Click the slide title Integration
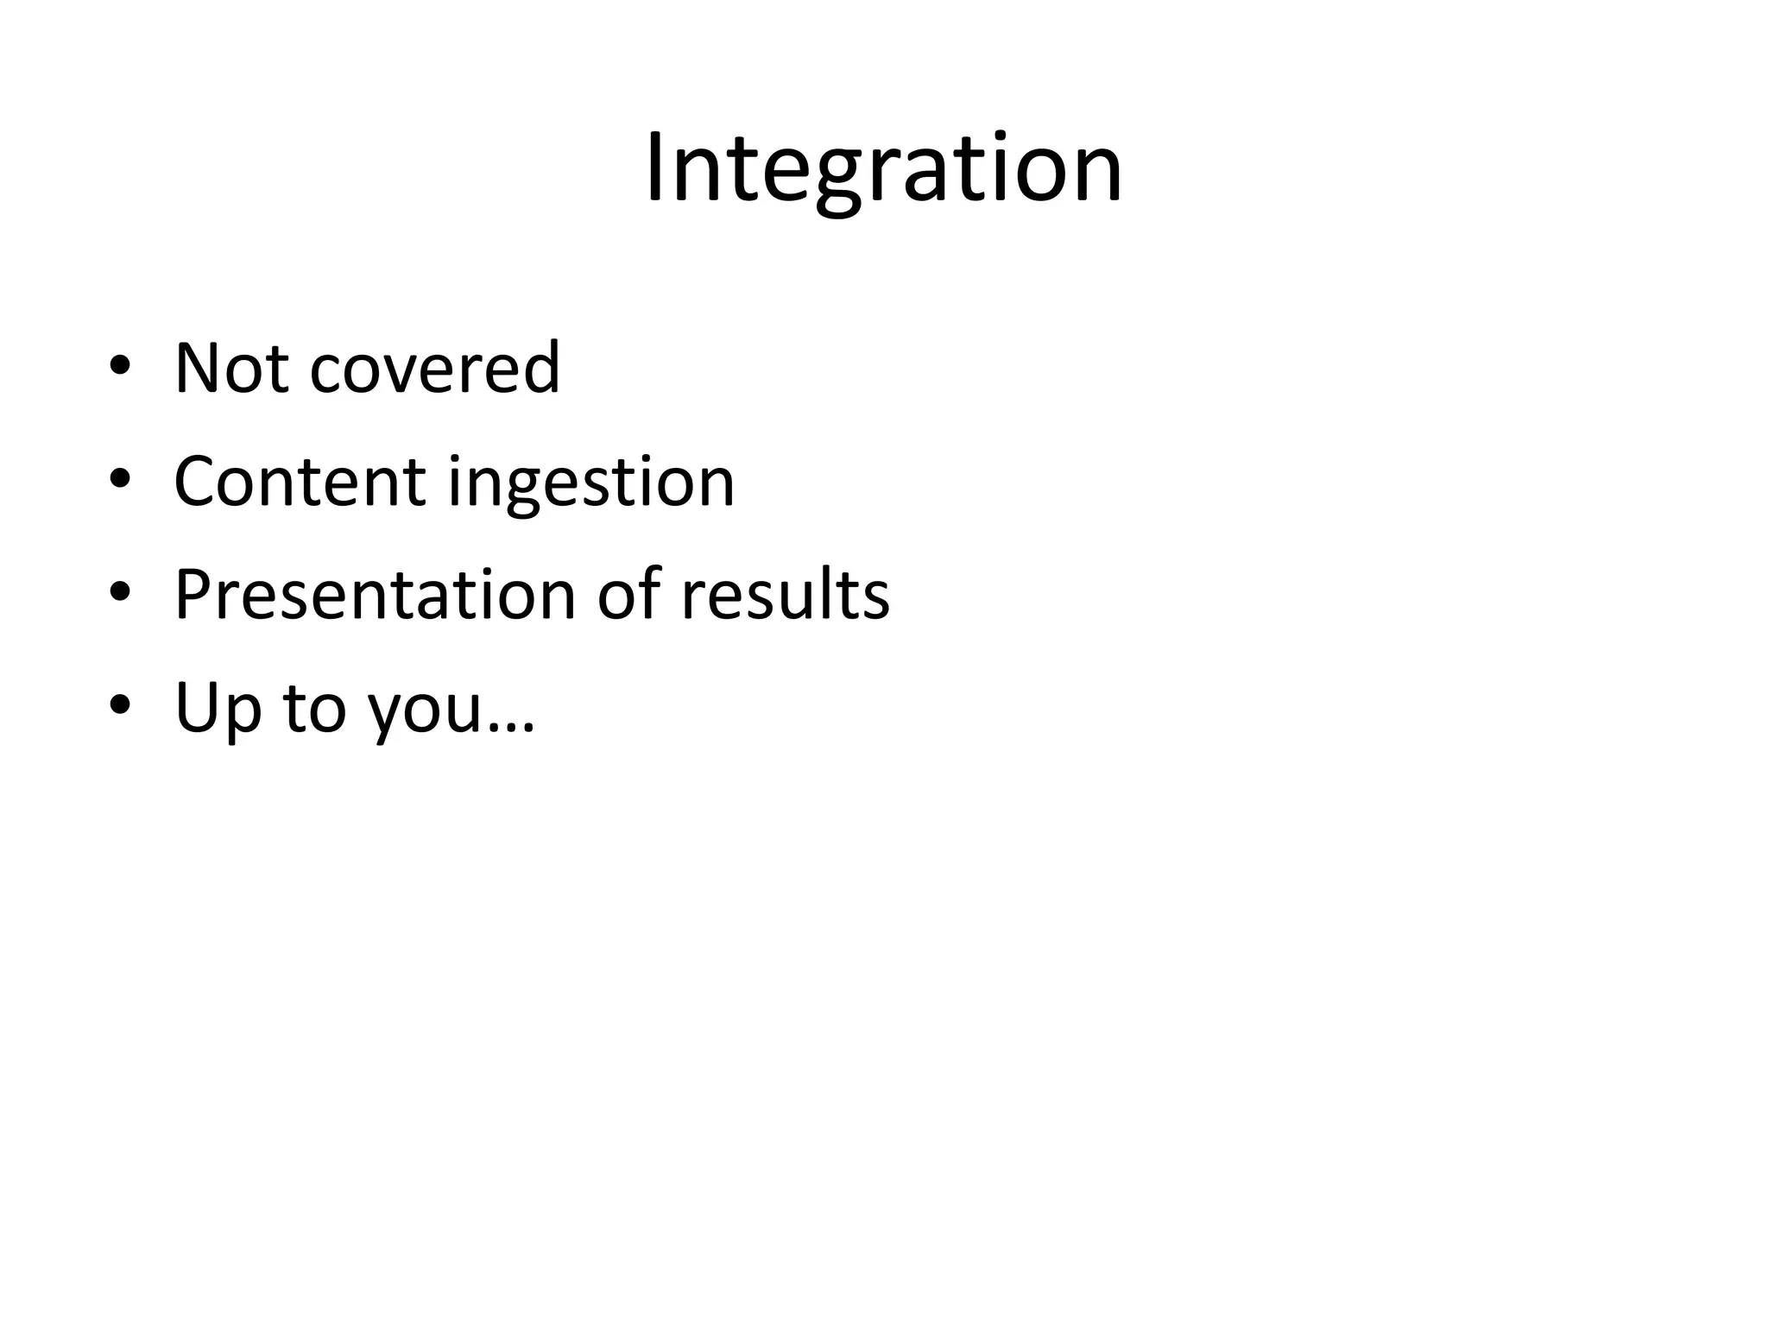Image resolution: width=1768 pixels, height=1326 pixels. pyautogui.click(x=883, y=168)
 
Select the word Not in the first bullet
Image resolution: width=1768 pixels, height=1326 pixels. pyautogui.click(x=230, y=369)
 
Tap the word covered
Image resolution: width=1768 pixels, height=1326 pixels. pyautogui.click(x=434, y=369)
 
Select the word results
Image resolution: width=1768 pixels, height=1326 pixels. pyautogui.click(x=785, y=595)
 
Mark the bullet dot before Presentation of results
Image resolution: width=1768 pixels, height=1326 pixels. pyautogui.click(x=120, y=592)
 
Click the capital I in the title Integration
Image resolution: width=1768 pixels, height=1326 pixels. pyautogui.click(x=654, y=168)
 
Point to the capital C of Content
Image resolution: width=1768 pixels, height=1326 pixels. pyautogui.click(x=196, y=482)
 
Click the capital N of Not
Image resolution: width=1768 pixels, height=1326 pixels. pyautogui.click(x=198, y=369)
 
